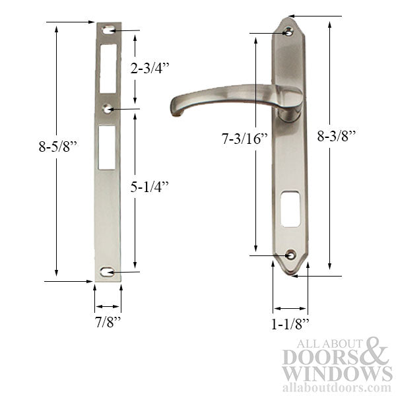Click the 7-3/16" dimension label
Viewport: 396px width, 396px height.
click(x=224, y=139)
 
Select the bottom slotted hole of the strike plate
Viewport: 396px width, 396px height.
click(x=108, y=272)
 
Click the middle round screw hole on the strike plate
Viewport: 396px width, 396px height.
click(x=108, y=107)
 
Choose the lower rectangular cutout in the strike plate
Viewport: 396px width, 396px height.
click(x=108, y=147)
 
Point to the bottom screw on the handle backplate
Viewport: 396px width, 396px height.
click(x=290, y=253)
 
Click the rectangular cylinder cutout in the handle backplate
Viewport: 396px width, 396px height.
click(x=290, y=210)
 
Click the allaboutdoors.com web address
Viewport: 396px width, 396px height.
click(x=337, y=388)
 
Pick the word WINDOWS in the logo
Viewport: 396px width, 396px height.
click(x=337, y=374)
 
